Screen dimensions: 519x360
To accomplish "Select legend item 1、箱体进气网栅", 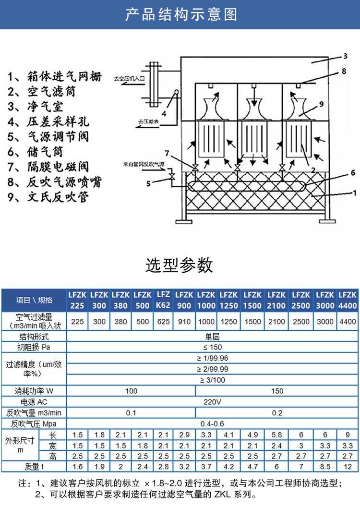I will point(55,76).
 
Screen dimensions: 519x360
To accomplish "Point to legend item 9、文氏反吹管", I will point(48,197).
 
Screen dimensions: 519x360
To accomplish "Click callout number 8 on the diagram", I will point(344,72).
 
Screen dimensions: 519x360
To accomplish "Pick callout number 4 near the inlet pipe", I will point(164,113).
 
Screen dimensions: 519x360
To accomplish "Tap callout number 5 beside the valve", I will point(149,182).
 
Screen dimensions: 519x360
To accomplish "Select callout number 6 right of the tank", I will point(352,172).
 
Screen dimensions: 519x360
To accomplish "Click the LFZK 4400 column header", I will point(348,300).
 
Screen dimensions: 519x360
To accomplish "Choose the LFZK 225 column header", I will point(77,300).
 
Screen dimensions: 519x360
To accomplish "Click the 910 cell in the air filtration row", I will point(184,322).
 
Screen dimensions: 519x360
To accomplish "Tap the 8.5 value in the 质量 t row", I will point(325,466).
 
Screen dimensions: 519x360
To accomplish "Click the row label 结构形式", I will point(34,337).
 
